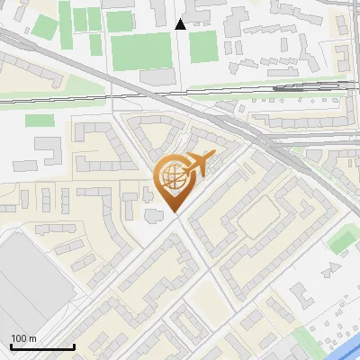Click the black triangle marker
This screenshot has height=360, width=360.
(181, 24)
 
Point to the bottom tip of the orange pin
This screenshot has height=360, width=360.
(174, 212)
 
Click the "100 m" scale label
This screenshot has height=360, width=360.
(23, 338)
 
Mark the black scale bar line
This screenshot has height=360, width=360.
(42, 347)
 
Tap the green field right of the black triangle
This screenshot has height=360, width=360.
(203, 46)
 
